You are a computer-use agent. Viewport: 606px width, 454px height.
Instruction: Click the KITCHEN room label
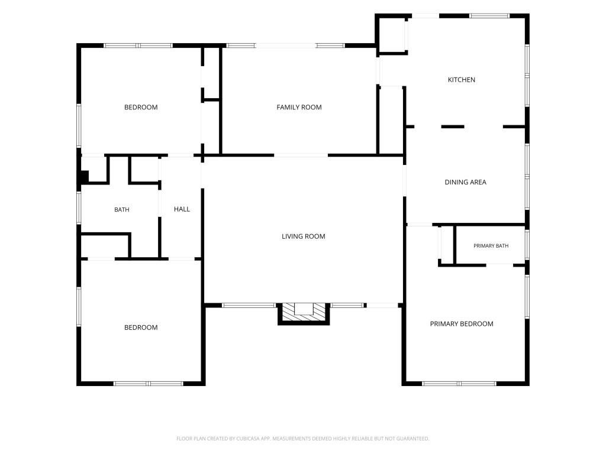[x=461, y=80]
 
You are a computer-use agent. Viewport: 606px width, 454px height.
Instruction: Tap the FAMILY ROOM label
[x=299, y=108]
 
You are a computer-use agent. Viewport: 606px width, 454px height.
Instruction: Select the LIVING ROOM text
[x=303, y=236]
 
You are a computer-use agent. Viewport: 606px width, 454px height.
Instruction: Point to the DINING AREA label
[x=465, y=182]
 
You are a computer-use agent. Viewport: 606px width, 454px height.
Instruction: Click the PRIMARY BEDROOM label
[x=462, y=324]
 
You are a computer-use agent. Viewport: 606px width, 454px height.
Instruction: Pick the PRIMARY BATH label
[x=491, y=246]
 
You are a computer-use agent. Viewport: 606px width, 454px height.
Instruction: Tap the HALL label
[x=182, y=209]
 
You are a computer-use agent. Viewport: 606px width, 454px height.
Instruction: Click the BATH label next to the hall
[x=122, y=210]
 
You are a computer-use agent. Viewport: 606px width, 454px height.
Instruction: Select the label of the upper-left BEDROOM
[x=141, y=108]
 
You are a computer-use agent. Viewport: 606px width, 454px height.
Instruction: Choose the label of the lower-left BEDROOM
[x=141, y=327]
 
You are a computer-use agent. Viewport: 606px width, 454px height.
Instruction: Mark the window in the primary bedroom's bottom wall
[x=459, y=384]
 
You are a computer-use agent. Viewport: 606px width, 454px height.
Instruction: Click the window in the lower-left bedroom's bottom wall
[x=148, y=384]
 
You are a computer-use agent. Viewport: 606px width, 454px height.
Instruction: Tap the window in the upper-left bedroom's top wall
[x=138, y=46]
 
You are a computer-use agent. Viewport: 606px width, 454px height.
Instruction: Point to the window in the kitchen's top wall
[x=489, y=16]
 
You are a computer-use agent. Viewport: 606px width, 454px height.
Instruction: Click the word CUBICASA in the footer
[x=247, y=439]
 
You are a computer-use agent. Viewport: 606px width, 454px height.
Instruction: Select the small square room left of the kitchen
[x=392, y=34]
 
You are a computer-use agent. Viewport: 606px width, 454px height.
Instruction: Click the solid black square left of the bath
[x=84, y=177]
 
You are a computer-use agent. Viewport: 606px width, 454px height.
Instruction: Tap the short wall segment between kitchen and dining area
[x=453, y=127]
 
